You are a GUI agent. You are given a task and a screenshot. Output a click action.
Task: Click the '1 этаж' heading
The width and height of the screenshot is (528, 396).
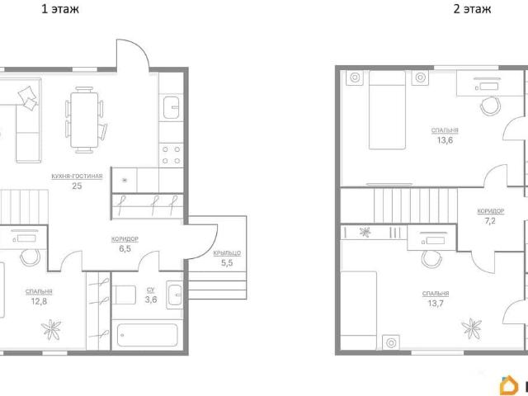click(60, 9)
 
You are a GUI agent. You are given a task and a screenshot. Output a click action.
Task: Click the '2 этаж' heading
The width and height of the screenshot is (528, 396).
click(472, 9)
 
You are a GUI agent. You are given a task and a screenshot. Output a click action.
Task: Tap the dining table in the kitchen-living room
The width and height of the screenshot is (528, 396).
click(84, 120)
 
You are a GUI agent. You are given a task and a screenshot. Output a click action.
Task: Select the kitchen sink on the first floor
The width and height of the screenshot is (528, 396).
click(171, 107)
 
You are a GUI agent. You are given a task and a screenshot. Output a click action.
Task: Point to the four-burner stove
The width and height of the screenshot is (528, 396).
click(171, 155)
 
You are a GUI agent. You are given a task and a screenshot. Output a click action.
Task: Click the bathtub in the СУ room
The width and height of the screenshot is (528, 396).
click(147, 335)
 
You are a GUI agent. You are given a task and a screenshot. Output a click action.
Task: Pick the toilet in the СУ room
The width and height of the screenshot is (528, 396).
click(124, 295)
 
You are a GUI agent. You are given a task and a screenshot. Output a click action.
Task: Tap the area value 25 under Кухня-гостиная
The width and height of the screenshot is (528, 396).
click(77, 186)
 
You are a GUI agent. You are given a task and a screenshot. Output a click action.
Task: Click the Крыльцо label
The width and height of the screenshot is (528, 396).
click(227, 253)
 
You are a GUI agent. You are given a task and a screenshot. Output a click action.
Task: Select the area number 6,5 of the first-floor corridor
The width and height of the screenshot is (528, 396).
click(125, 249)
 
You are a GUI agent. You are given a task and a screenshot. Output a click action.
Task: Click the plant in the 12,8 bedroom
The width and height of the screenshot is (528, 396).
click(51, 329)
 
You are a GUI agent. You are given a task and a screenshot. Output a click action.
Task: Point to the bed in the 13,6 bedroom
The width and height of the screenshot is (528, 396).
click(387, 110)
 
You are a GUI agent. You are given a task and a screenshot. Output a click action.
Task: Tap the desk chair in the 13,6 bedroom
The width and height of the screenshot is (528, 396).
click(491, 106)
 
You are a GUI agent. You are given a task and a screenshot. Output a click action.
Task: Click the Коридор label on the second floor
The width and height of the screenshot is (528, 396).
click(491, 211)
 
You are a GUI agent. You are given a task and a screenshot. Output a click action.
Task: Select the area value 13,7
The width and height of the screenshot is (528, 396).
click(436, 304)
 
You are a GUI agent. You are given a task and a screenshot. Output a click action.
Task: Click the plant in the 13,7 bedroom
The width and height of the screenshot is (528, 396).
click(471, 328)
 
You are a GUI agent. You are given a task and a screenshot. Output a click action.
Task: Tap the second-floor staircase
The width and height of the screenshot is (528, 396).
click(416, 205)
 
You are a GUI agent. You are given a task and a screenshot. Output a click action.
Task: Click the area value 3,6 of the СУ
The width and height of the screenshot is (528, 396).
click(151, 299)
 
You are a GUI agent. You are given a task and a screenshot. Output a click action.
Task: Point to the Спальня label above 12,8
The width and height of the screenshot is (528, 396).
click(39, 292)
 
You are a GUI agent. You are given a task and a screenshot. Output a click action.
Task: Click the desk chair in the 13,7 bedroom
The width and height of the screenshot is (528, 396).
click(431, 259)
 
